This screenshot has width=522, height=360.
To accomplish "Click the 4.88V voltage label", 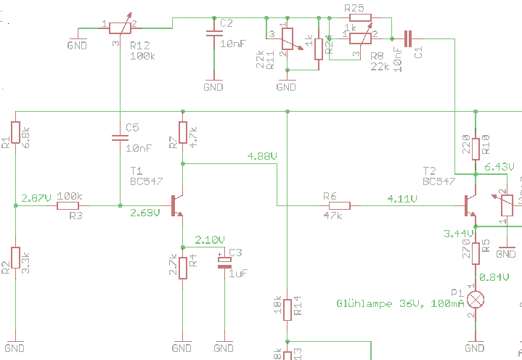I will tap(262, 156).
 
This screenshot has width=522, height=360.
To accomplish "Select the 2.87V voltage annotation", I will tap(36, 197).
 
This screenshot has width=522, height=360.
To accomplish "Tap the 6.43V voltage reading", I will tap(499, 166).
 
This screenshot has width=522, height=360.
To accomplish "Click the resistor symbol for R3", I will tap(69, 206).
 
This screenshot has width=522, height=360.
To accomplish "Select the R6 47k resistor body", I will tap(339, 206).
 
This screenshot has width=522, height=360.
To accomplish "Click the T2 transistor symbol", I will tap(470, 206).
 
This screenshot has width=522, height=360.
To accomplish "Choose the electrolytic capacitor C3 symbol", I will tap(224, 262).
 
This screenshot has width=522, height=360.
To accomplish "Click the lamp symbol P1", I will tap(476, 298).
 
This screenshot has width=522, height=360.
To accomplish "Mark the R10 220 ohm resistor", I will tap(476, 147).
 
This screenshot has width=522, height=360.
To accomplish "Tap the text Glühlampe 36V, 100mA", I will tap(400, 303).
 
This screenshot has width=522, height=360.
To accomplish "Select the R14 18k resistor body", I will tap(287, 309).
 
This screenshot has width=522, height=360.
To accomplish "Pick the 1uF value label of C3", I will tap(239, 274).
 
